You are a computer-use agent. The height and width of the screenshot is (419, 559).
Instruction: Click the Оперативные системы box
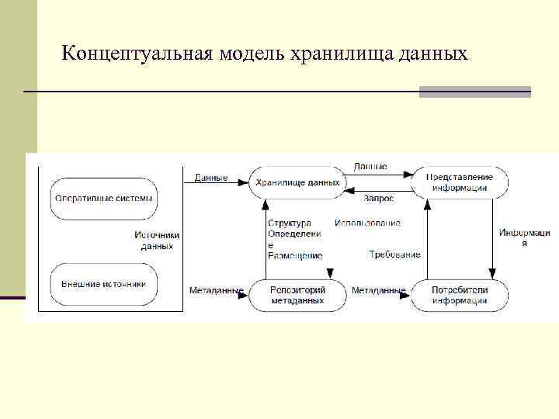point(103,198)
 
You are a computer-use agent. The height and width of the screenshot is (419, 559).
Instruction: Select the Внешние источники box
point(103,283)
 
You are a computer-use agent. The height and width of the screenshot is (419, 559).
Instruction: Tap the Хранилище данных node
point(297,183)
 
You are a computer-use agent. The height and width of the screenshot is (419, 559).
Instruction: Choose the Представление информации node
point(460,182)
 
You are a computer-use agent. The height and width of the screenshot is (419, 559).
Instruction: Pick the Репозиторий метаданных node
point(297,295)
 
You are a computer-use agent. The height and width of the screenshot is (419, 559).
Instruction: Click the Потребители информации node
point(460,295)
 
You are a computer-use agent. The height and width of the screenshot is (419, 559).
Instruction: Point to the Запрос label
point(378,199)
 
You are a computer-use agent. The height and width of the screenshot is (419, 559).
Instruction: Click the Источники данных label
point(157,241)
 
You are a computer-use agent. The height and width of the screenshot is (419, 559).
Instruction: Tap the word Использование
point(368,223)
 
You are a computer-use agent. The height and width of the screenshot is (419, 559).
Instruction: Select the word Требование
point(394,255)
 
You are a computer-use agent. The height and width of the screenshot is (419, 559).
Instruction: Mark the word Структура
point(289,223)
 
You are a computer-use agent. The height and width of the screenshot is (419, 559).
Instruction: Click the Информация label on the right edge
point(524,237)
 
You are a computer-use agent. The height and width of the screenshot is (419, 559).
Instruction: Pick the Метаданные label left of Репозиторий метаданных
point(216,291)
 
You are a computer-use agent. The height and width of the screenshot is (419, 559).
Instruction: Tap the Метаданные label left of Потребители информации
point(378,291)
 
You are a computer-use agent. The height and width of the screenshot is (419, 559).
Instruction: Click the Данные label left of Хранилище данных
point(210,178)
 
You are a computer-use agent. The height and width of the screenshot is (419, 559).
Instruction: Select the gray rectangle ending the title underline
point(475,92)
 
